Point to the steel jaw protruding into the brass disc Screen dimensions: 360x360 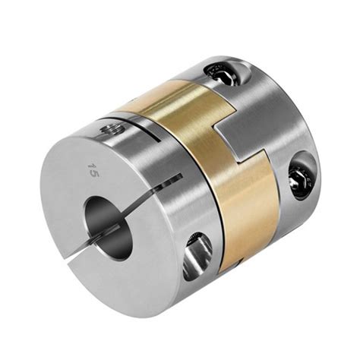coord(251,144)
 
